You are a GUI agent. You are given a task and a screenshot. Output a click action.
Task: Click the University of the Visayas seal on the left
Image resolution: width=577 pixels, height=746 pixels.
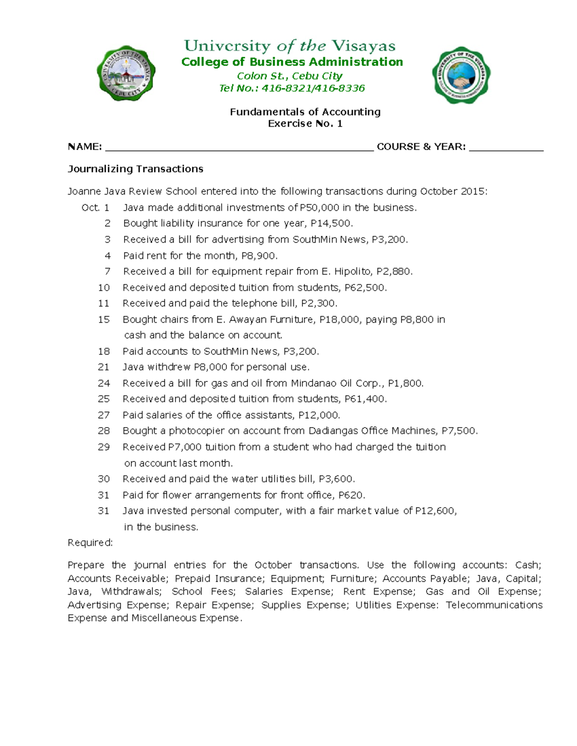coord(126,73)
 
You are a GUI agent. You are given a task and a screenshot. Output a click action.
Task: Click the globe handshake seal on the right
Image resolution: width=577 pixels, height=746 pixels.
coord(461,75)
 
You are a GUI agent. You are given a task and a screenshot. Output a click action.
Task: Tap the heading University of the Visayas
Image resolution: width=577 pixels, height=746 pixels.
coord(289,46)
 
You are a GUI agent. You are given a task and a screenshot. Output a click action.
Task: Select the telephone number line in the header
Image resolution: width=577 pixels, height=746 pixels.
coord(292,88)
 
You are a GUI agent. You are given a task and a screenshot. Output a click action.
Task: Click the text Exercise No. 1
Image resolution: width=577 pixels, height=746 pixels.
coord(305,124)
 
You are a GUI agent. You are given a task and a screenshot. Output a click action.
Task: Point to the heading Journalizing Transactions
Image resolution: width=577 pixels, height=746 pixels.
coord(136,169)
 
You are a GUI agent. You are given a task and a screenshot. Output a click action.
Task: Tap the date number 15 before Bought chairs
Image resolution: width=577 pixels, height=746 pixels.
coord(104,319)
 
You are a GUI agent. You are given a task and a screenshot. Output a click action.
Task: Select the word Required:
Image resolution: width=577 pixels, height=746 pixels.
coord(90,543)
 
